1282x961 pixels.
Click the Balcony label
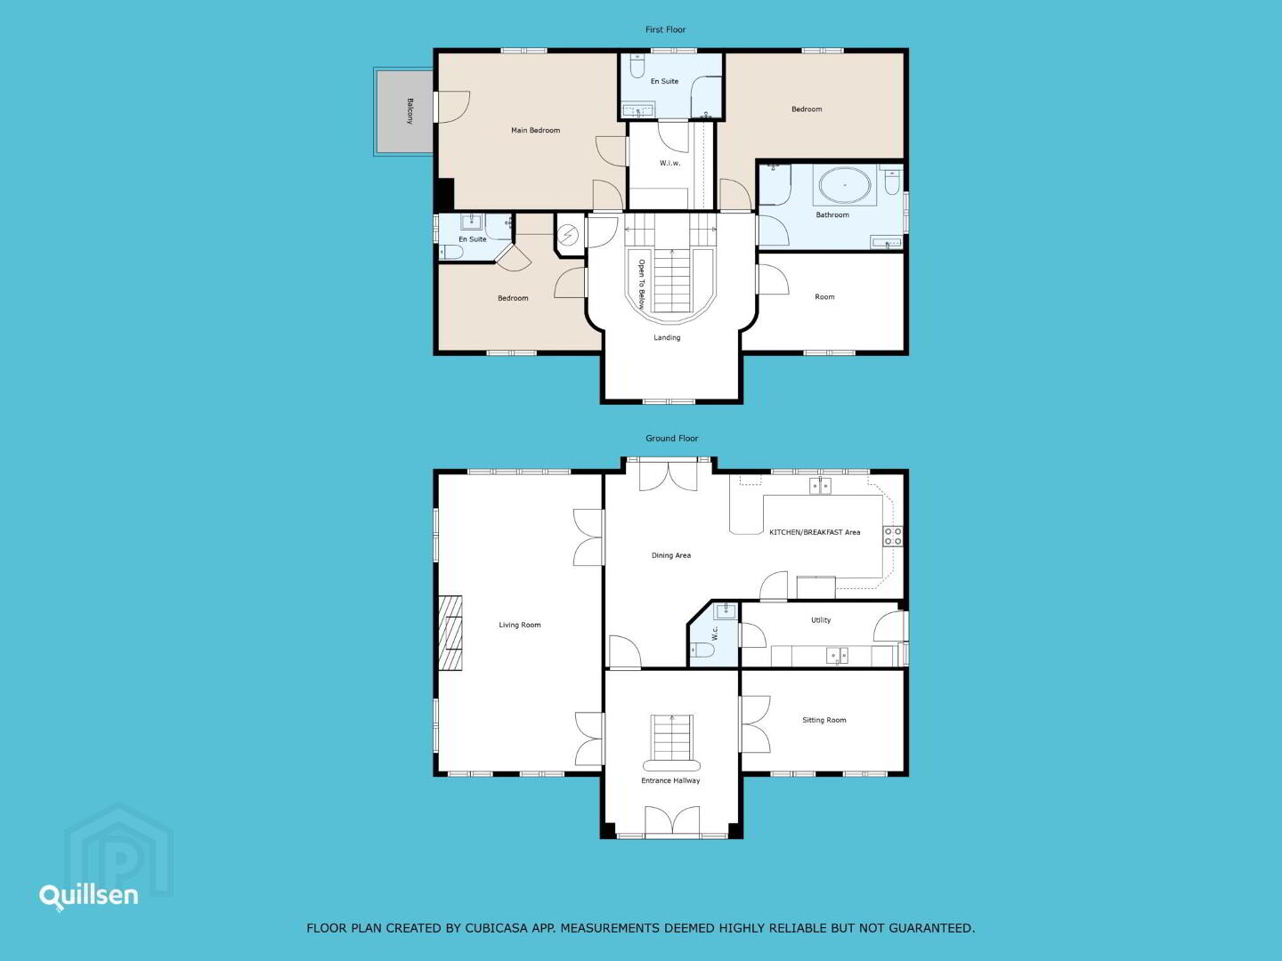pos(410,111)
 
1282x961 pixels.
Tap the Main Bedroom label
pos(536,130)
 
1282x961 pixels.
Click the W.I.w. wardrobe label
pos(669,163)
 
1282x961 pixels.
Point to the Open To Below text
pos(641,284)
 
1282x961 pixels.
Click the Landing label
pos(667,337)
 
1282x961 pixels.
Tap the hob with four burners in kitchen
pos(892,537)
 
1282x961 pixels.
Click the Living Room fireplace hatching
pos(450,633)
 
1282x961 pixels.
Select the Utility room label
pos(821,619)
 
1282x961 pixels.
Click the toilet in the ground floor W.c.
pos(702,650)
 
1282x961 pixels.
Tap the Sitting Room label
pos(824,720)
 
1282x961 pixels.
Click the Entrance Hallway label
pos(670,780)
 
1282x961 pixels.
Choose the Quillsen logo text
pos(89,896)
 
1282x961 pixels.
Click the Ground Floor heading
pos(671,438)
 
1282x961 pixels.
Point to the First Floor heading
pos(665,29)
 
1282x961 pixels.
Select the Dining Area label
pos(671,555)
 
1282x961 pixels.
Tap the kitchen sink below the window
pos(821,486)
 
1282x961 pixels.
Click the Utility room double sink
pos(837,656)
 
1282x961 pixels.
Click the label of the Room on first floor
pos(824,297)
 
